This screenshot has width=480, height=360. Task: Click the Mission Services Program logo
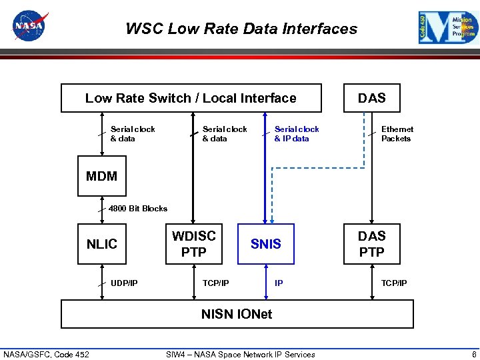click(x=449, y=28)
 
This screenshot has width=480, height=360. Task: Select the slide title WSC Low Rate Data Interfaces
click(x=241, y=29)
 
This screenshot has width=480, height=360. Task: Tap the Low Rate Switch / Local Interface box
click(x=191, y=98)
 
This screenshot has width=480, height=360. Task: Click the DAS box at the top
click(x=371, y=98)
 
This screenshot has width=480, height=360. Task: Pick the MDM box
click(x=102, y=176)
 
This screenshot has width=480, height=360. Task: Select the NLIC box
click(x=102, y=244)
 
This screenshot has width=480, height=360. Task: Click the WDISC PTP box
click(x=194, y=244)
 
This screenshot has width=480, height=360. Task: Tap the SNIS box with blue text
click(x=266, y=244)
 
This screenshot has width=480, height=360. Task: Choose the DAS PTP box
click(x=371, y=244)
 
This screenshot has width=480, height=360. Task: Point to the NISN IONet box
click(x=237, y=314)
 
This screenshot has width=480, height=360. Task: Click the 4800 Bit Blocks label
click(x=138, y=209)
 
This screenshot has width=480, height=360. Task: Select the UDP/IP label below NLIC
click(x=124, y=283)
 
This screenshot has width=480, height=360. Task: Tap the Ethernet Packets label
click(x=397, y=134)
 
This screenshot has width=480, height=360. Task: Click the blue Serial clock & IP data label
click(x=297, y=134)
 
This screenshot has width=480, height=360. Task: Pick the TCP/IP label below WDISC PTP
click(x=215, y=283)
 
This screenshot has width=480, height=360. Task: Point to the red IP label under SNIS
click(x=279, y=283)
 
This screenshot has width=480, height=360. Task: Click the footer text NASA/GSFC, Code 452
click(x=46, y=354)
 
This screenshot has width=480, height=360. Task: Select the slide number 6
click(x=473, y=354)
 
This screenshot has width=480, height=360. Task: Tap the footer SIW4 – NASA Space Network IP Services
click(x=240, y=354)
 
